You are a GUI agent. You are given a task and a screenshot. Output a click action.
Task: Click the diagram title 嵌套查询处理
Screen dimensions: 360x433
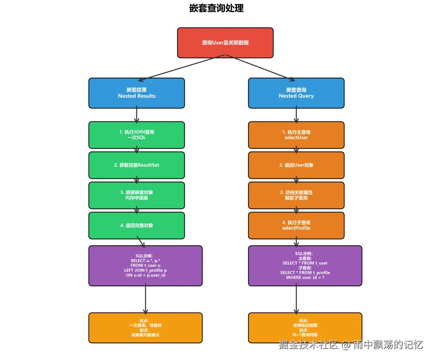[216, 8]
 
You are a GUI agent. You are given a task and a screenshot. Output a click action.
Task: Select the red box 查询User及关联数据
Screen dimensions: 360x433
[225, 42]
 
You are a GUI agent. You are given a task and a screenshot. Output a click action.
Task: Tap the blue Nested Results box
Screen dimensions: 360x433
[137, 93]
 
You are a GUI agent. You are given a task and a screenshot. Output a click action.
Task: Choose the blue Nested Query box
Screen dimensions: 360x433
[296, 93]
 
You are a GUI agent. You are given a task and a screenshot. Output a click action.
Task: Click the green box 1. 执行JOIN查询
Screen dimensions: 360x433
[137, 135]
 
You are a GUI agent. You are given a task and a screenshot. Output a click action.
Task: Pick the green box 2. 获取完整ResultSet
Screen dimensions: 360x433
[137, 165]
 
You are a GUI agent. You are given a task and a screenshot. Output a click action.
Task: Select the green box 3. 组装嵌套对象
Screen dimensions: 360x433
[137, 195]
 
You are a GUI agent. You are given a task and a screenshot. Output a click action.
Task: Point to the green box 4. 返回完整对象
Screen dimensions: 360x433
[137, 225]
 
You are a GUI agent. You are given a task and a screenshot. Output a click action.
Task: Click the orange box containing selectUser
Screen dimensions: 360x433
[296, 135]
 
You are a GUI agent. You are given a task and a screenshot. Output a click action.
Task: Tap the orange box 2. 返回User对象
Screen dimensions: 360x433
[296, 165]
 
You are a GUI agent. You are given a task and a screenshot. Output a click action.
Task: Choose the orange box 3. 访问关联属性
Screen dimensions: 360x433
[296, 195]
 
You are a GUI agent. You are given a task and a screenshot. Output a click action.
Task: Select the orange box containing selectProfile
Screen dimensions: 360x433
[296, 225]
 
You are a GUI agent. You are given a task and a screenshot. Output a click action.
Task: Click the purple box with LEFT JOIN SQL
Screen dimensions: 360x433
[146, 266]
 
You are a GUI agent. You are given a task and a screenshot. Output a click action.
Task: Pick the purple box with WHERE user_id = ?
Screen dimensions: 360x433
[305, 266]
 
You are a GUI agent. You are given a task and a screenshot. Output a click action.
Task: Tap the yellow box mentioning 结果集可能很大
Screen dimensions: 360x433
[146, 328]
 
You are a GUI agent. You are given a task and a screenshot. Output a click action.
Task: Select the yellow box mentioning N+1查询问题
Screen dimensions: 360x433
[305, 328]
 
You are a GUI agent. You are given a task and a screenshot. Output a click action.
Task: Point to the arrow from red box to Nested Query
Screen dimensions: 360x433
[261, 68]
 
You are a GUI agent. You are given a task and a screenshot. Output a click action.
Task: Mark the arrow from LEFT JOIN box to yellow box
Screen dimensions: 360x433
[146, 299]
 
